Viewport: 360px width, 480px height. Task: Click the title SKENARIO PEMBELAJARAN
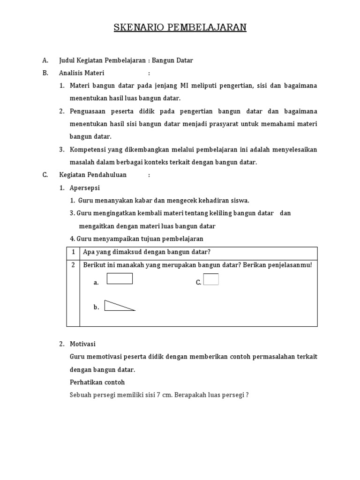(x=180, y=28)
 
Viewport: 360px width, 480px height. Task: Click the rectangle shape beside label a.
(x=120, y=279)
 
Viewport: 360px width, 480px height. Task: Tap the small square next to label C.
(x=211, y=279)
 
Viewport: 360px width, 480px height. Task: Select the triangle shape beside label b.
(x=117, y=306)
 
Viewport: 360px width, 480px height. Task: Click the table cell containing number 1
(x=73, y=252)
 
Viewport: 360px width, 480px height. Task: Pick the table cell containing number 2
(x=73, y=265)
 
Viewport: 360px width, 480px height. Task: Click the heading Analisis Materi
(x=82, y=73)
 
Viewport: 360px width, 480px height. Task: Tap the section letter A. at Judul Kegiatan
(x=45, y=60)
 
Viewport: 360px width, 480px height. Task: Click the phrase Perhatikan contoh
(x=97, y=382)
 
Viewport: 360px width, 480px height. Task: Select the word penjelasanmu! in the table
(x=290, y=265)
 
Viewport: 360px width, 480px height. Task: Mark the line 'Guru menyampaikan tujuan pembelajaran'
(x=140, y=239)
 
